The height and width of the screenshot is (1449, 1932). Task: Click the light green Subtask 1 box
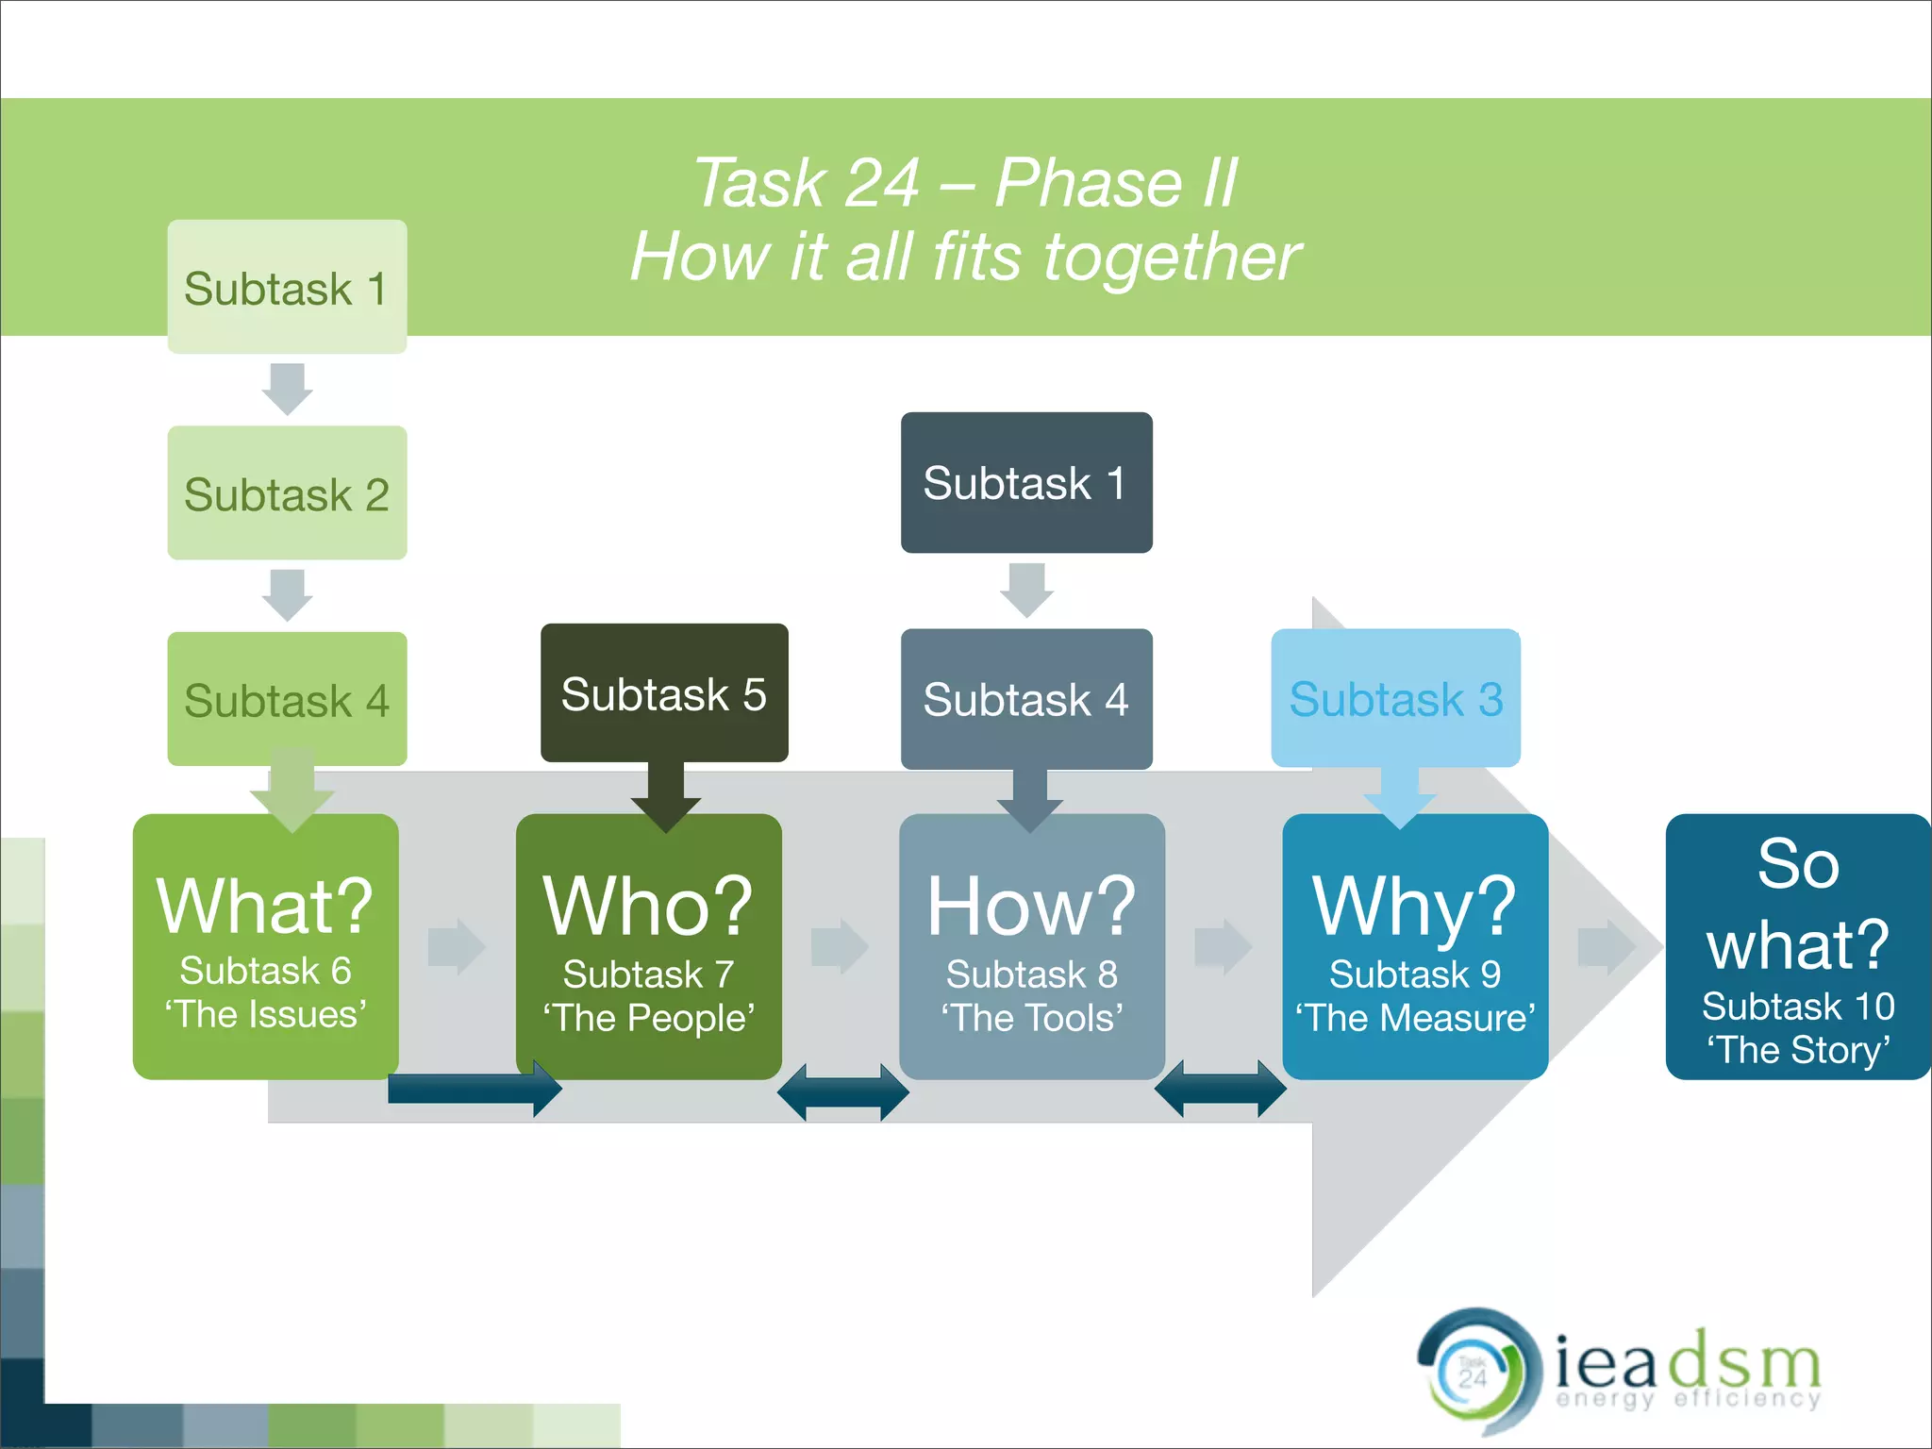pyautogui.click(x=287, y=287)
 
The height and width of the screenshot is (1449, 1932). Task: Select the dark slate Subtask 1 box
pyautogui.click(x=1025, y=482)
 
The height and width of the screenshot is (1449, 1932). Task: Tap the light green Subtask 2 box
pyautogui.click(x=287, y=493)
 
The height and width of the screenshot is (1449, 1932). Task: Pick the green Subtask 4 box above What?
pyautogui.click(x=287, y=699)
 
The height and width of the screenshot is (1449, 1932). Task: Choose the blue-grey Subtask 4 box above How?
pyautogui.click(x=1025, y=699)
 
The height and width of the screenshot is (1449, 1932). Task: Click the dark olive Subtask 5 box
pyautogui.click(x=663, y=693)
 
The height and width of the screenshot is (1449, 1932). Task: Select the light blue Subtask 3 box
pyautogui.click(x=1395, y=699)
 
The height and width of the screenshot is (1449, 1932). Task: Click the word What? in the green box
pyautogui.click(x=265, y=906)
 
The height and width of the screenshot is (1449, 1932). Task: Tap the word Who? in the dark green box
pyautogui.click(x=648, y=906)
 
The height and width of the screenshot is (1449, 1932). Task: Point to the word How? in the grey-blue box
pyautogui.click(x=1031, y=906)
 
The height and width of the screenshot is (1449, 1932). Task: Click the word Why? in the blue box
pyautogui.click(x=1414, y=906)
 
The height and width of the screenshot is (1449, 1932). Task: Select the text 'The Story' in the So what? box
pyautogui.click(x=1798, y=1050)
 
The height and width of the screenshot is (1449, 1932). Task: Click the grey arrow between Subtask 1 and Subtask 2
pyautogui.click(x=287, y=388)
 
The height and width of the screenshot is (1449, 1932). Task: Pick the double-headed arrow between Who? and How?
pyautogui.click(x=842, y=1092)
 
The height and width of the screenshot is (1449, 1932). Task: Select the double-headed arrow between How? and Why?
pyautogui.click(x=1220, y=1089)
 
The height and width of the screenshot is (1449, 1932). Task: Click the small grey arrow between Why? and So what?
pyautogui.click(x=1606, y=946)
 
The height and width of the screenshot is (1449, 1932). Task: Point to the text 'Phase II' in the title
pyautogui.click(x=1115, y=182)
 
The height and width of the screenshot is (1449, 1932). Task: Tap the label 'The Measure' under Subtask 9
pyautogui.click(x=1414, y=1018)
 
